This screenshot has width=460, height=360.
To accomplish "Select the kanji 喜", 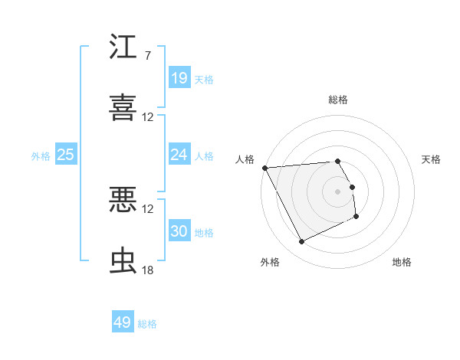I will coord(123,107).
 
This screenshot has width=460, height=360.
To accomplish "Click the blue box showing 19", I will coord(179,77).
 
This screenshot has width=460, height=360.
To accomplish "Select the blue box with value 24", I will coord(179,155).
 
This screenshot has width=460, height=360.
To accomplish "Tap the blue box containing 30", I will coord(179,231).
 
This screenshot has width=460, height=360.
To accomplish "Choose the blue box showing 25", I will coord(65,155).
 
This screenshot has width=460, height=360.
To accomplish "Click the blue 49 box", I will coord(122,322).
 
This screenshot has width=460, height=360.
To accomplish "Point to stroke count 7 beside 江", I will coord(147,56).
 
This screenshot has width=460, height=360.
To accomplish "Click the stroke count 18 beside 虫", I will coord(147,270).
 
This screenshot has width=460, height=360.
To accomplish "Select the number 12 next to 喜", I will coord(147,117).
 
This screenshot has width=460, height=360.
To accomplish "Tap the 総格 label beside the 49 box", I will coord(148,324).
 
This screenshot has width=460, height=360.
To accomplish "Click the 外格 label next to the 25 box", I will coord(41,155).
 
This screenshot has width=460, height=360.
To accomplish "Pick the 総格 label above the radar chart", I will coord(338,100).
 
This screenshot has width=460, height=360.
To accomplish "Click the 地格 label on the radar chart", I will coord(402,262).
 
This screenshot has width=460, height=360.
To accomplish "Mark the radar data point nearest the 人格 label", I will coord(264,168).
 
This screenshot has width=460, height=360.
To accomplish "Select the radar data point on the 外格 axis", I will coord(301,242).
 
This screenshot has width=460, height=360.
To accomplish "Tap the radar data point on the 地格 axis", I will coord(356,217).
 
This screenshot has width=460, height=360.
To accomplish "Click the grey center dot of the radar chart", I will coord(338,191).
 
